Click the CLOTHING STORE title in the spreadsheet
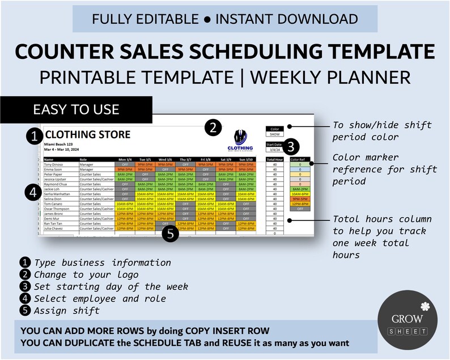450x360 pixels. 88,135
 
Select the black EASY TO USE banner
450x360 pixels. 76,109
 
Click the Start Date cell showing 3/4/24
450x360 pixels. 274,149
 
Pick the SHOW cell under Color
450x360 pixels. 274,134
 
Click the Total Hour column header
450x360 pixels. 274,160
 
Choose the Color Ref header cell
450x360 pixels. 299,160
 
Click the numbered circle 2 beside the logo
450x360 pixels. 213,128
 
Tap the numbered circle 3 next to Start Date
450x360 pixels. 290,146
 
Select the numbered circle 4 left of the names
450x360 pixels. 32,192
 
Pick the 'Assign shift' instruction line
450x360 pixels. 67,310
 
